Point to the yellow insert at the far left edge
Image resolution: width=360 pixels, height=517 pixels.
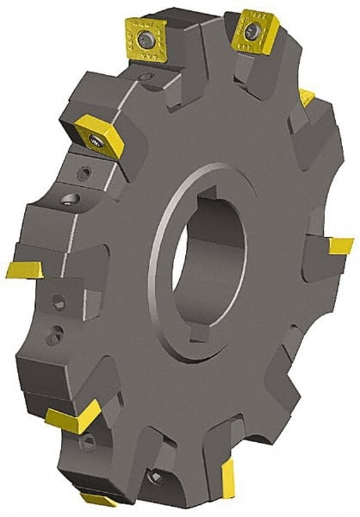click(23, 269)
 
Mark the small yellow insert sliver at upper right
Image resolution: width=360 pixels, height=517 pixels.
click(307, 94)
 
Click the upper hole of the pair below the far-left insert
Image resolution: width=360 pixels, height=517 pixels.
click(59, 302)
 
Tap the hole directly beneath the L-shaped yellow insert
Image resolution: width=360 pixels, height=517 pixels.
click(87, 442)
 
